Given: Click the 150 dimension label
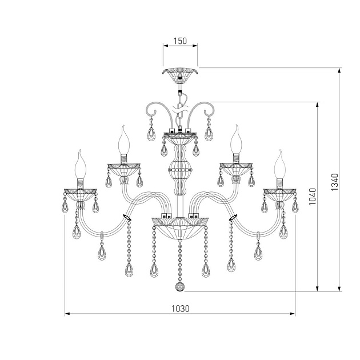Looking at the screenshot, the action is click(x=180, y=41).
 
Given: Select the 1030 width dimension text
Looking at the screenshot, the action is click(x=181, y=309).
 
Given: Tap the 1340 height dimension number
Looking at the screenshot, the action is click(x=335, y=182).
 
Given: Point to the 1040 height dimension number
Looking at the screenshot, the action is click(x=313, y=197).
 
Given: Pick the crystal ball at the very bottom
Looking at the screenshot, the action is click(x=179, y=287).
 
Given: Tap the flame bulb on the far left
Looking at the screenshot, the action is click(x=80, y=164).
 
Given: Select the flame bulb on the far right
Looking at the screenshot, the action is click(x=280, y=164).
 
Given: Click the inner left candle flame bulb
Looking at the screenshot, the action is click(x=124, y=139).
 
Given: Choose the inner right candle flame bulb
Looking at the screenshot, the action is click(x=236, y=139).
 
